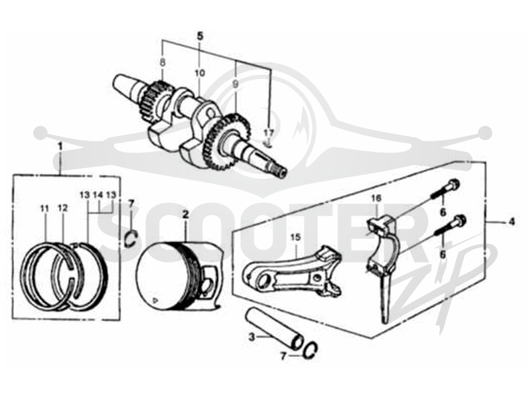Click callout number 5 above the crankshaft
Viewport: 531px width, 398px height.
point(200,36)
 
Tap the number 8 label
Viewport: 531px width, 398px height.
point(163,62)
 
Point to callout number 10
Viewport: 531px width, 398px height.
point(200,73)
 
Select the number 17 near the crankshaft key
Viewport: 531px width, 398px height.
point(269,133)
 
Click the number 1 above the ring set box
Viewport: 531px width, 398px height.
point(60,147)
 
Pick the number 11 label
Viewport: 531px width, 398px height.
point(44,209)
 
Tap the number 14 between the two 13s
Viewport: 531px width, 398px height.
point(98,195)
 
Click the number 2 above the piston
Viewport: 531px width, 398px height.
point(185,214)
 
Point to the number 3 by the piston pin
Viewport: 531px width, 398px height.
point(252,337)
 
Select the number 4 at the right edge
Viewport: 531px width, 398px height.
point(512,222)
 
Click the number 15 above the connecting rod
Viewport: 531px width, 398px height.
point(295,237)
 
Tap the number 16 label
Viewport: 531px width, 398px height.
point(376,198)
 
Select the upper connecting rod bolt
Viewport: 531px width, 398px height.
point(445,190)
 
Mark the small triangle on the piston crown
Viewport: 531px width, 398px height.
point(155,300)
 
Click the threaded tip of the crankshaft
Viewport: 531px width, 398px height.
point(280,172)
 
